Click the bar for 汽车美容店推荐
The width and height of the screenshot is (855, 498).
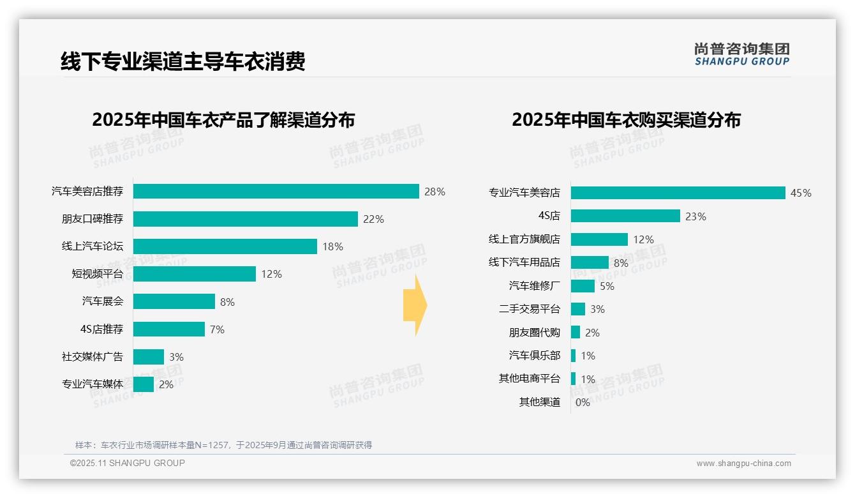click(x=276, y=192)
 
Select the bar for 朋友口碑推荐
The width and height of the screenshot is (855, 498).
click(x=245, y=219)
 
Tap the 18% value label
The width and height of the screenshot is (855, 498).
click(x=332, y=246)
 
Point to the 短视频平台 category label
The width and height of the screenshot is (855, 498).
click(x=97, y=274)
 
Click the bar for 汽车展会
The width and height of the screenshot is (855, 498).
click(x=174, y=301)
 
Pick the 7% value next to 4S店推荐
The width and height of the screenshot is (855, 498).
click(x=217, y=329)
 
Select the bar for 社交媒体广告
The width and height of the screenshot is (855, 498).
click(x=148, y=357)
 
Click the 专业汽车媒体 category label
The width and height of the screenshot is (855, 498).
click(x=92, y=384)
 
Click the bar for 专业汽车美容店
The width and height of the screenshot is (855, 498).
click(x=678, y=193)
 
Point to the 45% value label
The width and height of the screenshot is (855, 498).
click(x=801, y=193)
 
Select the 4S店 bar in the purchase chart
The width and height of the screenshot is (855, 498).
click(x=625, y=216)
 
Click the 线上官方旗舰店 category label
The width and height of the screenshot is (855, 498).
click(x=524, y=239)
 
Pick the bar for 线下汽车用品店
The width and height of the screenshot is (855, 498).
click(x=590, y=262)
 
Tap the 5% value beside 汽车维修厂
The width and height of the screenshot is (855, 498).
click(x=607, y=286)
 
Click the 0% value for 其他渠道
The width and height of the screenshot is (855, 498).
click(x=583, y=402)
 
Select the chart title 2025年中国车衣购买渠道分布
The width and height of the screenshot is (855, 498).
click(x=626, y=120)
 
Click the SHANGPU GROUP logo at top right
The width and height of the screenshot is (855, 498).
click(x=741, y=54)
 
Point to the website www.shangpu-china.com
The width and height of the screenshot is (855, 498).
click(x=743, y=464)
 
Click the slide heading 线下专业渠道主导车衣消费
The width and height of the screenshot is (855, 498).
click(x=183, y=61)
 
